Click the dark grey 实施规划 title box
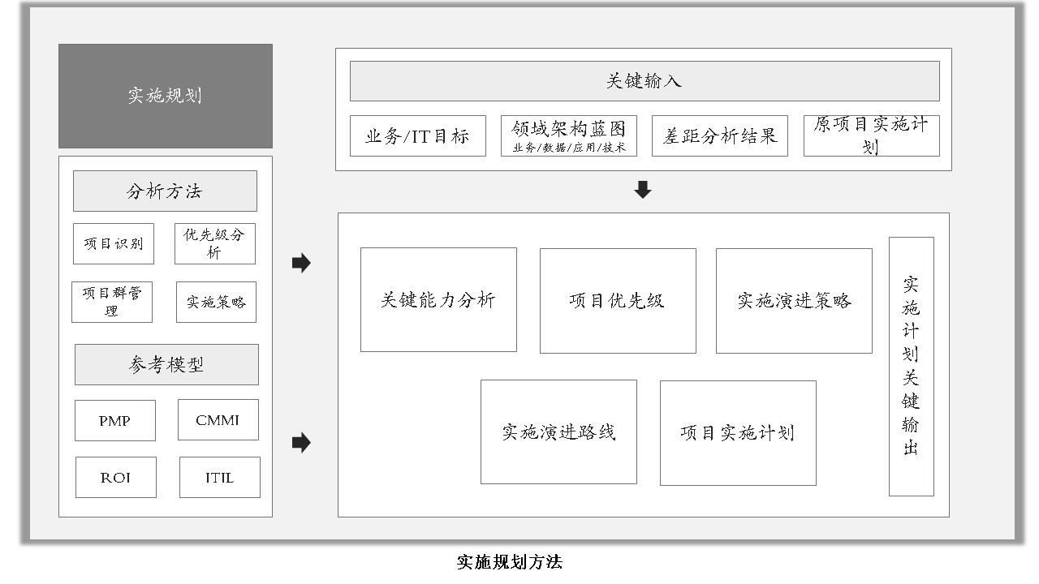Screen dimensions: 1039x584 [x=166, y=96]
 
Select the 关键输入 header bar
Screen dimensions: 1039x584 [x=645, y=81]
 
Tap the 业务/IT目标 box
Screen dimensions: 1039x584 [x=418, y=135]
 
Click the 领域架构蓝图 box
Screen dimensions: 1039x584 [x=569, y=135]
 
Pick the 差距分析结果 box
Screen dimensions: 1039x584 [x=720, y=135]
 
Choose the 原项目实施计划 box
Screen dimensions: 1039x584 [x=872, y=135]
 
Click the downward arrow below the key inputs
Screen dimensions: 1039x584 [x=643, y=190]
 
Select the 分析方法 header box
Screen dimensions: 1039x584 [x=165, y=191]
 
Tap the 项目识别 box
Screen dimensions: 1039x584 [x=114, y=244]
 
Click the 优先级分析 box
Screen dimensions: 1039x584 [x=215, y=244]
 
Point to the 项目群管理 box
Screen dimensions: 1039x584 [x=112, y=303]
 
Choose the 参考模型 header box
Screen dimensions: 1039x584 [x=167, y=364]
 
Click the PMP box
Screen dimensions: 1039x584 [x=115, y=420]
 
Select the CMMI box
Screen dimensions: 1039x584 [x=218, y=420]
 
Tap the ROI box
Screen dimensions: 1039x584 [x=116, y=478]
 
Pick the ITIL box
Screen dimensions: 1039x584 [x=220, y=478]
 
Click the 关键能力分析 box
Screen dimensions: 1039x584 [x=439, y=300]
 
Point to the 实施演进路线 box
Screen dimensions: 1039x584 [x=559, y=432]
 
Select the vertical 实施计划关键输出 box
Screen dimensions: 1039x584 [x=912, y=367]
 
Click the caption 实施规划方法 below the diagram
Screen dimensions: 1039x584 [x=509, y=562]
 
